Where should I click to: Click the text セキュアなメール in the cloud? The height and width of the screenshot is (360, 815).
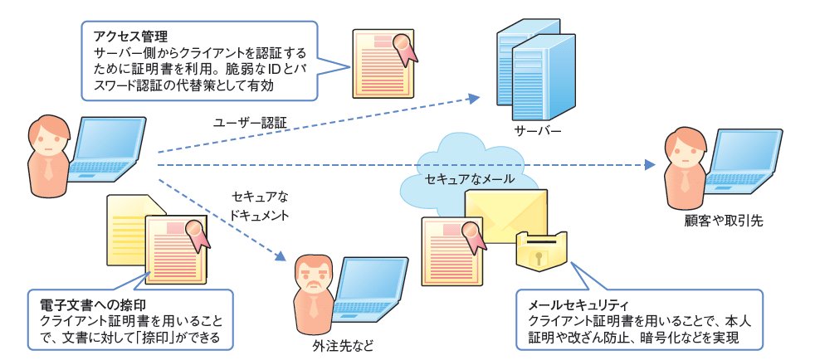(x=470, y=178)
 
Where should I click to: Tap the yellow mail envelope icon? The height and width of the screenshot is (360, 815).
(x=505, y=216)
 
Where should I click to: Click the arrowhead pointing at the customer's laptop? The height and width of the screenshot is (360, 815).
(x=648, y=165)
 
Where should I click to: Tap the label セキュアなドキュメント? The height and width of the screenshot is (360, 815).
(x=261, y=206)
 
